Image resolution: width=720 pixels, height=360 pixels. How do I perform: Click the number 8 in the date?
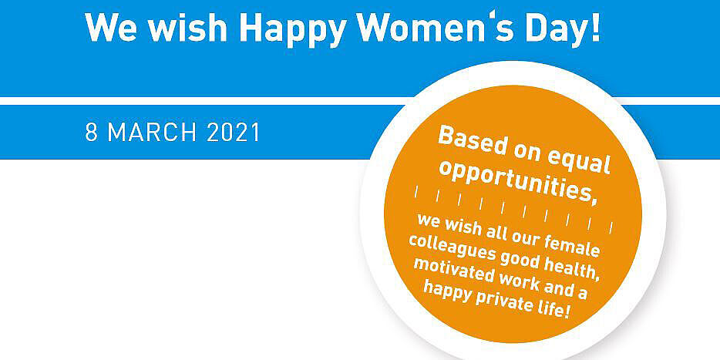click(x=91, y=133)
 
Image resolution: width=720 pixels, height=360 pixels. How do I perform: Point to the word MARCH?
click(x=152, y=133)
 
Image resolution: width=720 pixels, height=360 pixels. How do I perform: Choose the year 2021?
click(x=234, y=133)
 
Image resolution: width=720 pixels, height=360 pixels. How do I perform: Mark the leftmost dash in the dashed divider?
click(x=416, y=192)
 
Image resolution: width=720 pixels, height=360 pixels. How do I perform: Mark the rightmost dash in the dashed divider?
click(x=611, y=227)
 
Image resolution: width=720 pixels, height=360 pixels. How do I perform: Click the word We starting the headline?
click(x=112, y=28)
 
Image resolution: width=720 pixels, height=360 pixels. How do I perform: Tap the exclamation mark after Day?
click(x=596, y=28)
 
